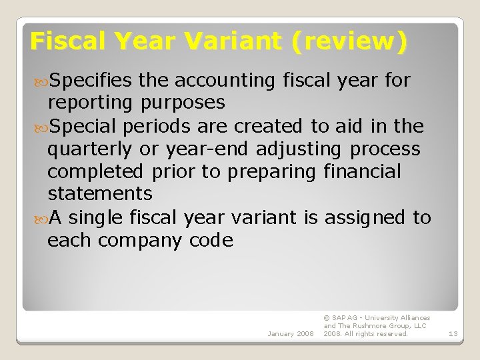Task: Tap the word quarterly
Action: coord(90,149)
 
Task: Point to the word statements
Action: coord(99,194)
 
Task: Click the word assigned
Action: coord(364,217)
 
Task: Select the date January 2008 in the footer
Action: coord(290,333)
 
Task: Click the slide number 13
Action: coord(453,333)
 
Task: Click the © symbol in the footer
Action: coord(326,318)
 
